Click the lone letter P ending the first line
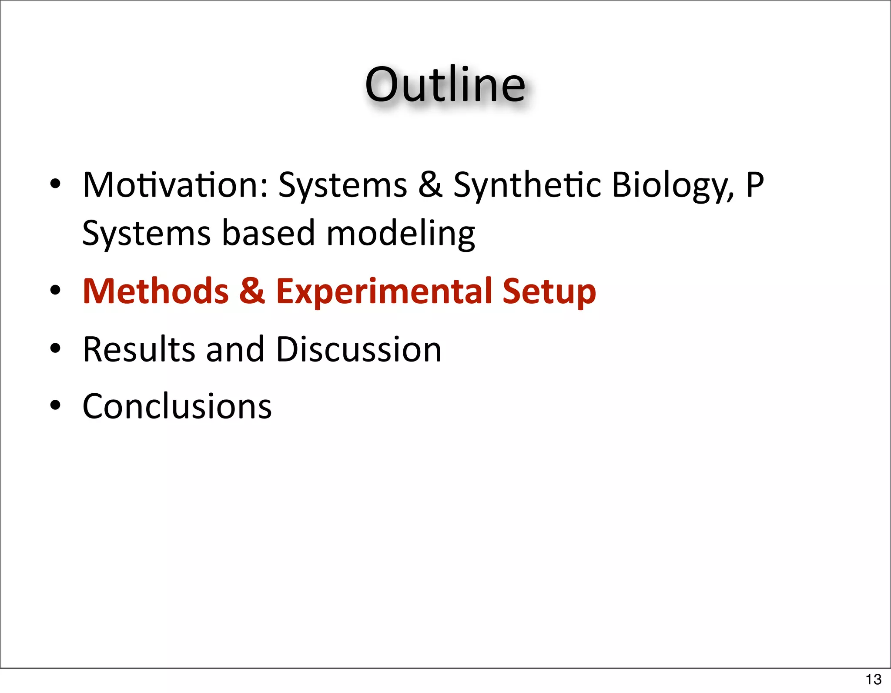[x=755, y=185]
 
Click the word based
[x=268, y=233]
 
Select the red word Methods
[x=155, y=291]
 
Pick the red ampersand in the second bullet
[x=252, y=291]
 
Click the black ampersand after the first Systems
[x=430, y=185]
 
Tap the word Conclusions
[x=177, y=406]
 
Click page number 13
[x=873, y=679]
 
